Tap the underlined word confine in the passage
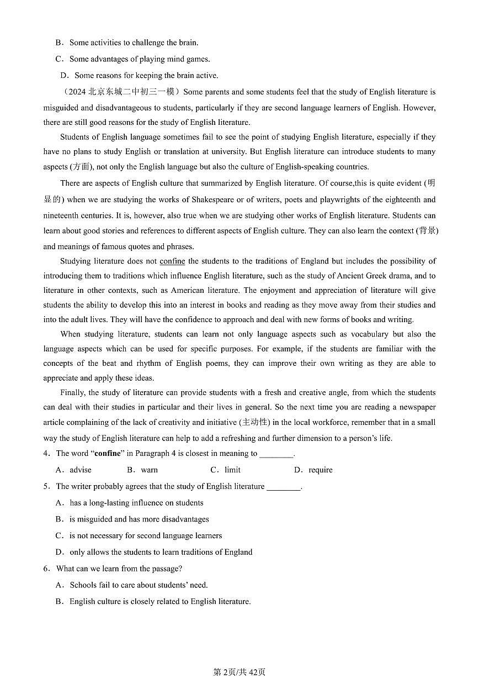[172, 261]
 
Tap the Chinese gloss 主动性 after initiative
[254, 422]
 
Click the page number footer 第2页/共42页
[239, 672]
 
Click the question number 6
[46, 569]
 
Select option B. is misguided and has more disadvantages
[139, 519]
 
